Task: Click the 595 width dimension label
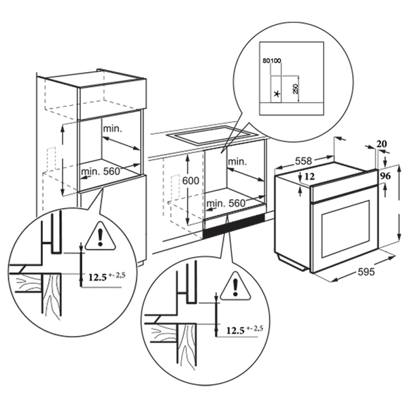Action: [x=366, y=271]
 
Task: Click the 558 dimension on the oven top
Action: [x=303, y=161]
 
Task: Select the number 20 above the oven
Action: [x=381, y=143]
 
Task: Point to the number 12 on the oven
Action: [x=309, y=177]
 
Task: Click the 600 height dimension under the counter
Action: [x=190, y=180]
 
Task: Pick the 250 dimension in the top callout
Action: [x=295, y=89]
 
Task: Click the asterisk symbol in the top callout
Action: [x=277, y=94]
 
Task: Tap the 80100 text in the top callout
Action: [x=272, y=61]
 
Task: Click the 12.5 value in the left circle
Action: [x=98, y=277]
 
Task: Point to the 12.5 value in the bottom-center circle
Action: [x=235, y=330]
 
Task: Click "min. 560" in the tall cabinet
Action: [x=101, y=171]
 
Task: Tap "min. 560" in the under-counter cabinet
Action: [x=226, y=203]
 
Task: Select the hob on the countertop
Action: [x=211, y=135]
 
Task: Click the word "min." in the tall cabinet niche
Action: [x=113, y=129]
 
